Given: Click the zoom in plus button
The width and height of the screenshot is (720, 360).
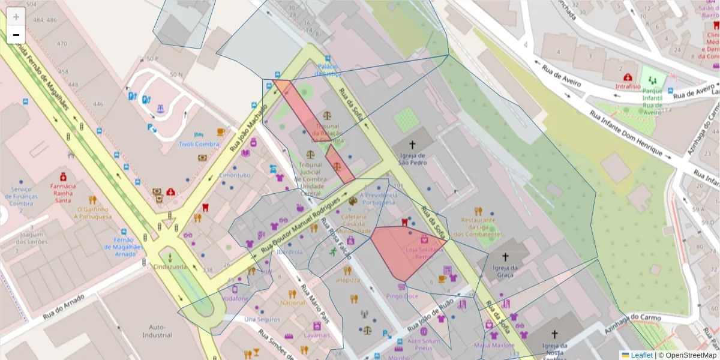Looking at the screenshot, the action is point(16,17).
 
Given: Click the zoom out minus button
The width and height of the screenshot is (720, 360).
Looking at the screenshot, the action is point(16,35).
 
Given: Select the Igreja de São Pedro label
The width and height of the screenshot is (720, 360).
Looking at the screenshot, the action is point(412,158).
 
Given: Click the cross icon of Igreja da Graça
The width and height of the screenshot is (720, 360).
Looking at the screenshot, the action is point(506,257).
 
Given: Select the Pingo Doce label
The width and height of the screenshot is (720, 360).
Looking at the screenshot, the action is point(402,296).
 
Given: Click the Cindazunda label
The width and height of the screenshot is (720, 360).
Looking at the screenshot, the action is point(170,266).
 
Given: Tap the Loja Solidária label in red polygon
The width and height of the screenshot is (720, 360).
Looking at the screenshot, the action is point(419,252).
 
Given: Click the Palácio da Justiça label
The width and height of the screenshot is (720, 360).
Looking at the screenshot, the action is point(329,70).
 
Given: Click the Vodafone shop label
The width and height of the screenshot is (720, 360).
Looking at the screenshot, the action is point(235,298).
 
